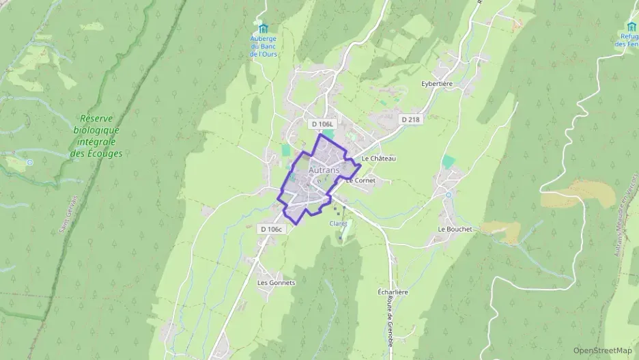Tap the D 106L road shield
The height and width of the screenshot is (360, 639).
(x=322, y=124)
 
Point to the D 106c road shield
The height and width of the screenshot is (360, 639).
(x=271, y=230)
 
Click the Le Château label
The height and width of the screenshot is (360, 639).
(x=379, y=158)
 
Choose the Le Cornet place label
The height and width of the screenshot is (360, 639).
(x=361, y=181)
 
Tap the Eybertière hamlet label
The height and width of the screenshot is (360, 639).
(x=438, y=84)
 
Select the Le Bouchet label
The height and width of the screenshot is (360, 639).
(x=455, y=229)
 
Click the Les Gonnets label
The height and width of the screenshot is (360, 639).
(x=276, y=282)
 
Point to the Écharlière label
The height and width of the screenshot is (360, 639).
(x=393, y=292)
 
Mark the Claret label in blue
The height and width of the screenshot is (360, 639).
(x=339, y=223)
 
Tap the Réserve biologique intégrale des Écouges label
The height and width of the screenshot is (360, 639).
(x=96, y=136)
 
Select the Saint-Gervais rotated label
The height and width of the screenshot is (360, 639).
(x=70, y=212)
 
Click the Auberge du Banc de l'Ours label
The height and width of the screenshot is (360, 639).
(x=263, y=46)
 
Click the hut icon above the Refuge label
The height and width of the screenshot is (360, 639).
(x=631, y=26)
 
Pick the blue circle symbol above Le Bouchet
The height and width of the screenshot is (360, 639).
(x=449, y=195)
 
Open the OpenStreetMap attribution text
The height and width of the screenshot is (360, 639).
(x=603, y=350)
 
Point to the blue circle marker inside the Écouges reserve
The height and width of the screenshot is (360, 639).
(x=29, y=163)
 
